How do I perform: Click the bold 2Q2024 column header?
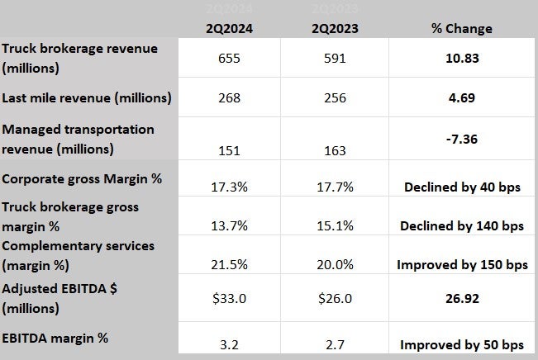click(229, 29)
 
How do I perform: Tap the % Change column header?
click(462, 29)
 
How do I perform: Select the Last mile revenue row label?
click(87, 98)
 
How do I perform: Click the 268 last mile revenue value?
click(229, 98)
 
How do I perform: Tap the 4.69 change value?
click(462, 98)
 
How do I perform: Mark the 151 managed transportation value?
click(229, 149)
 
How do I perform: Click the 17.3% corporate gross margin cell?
click(229, 187)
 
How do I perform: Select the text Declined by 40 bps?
click(462, 187)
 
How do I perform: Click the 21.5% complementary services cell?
click(229, 265)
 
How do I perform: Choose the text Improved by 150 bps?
click(462, 266)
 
